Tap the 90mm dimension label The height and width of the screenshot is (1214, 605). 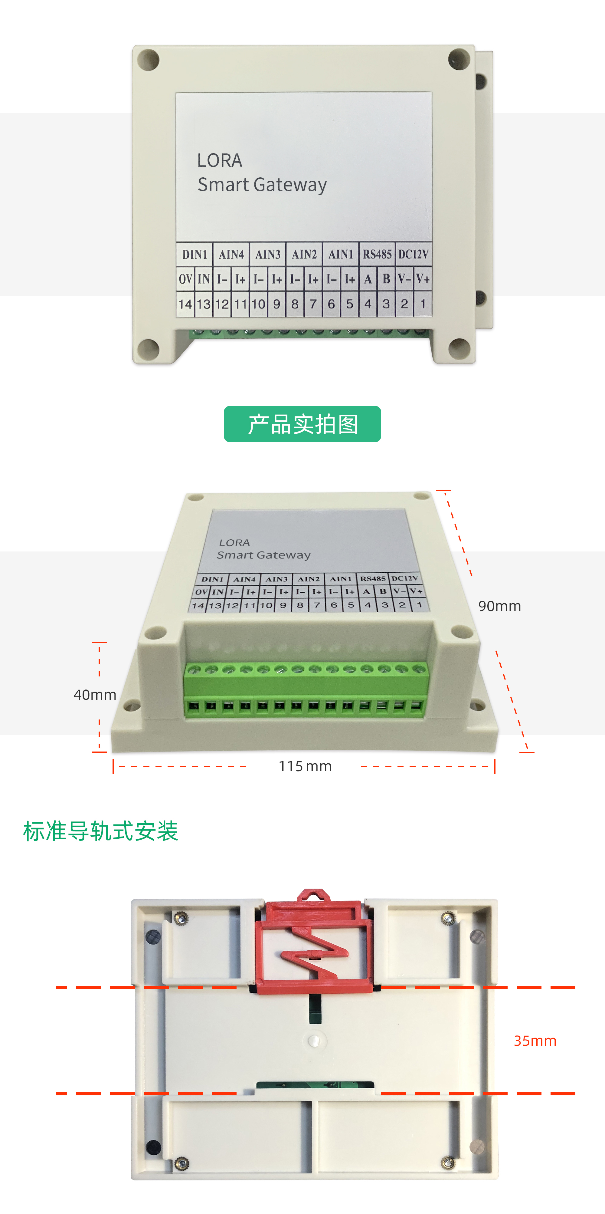tap(499, 606)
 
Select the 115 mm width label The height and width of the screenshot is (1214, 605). tap(305, 766)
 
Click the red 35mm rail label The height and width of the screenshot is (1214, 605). tap(535, 1041)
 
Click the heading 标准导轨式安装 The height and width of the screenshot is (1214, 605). tap(100, 831)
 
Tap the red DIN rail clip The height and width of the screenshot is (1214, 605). tap(314, 943)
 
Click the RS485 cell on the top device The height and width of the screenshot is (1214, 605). tap(377, 255)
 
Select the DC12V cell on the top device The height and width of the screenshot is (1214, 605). tap(413, 255)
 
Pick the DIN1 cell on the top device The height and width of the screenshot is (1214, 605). tap(195, 255)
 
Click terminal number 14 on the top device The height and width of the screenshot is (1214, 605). tap(185, 304)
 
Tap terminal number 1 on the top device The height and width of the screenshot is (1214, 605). tap(423, 304)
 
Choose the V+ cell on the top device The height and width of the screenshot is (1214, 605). tap(423, 279)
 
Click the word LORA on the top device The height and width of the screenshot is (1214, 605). tap(220, 161)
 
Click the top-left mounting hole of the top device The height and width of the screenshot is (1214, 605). tap(149, 60)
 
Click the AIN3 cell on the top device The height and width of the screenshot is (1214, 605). tap(268, 255)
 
